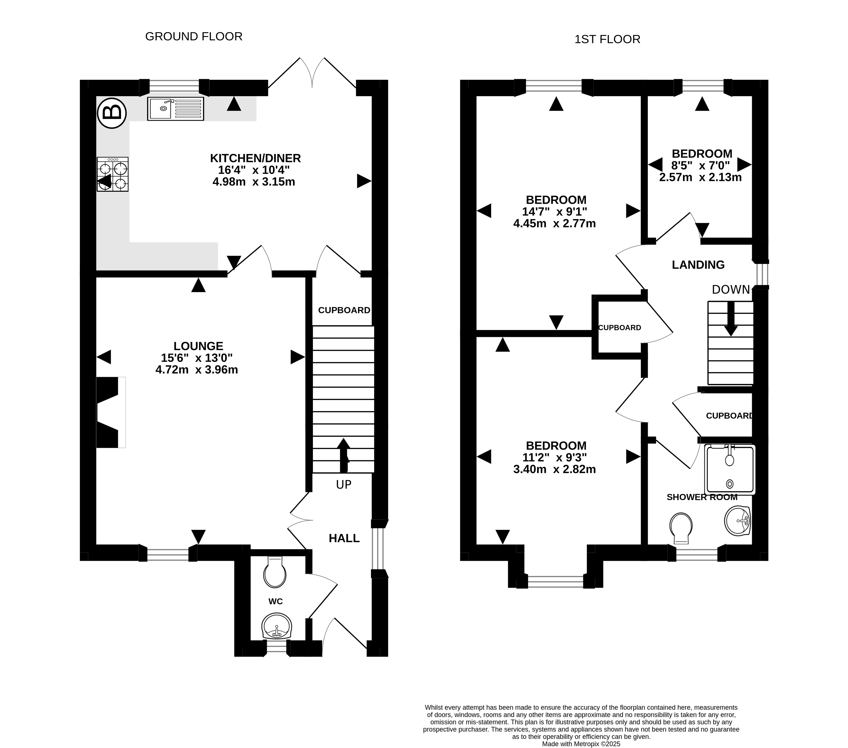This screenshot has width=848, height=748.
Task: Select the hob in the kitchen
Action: [113, 174]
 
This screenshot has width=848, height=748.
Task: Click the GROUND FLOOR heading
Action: [194, 36]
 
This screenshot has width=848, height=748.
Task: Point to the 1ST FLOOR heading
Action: [607, 39]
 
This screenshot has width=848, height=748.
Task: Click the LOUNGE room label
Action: [198, 346]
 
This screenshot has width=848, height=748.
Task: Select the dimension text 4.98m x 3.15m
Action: [254, 182]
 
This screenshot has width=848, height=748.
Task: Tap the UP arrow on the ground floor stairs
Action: [344, 455]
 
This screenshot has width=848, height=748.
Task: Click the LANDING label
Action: [698, 265]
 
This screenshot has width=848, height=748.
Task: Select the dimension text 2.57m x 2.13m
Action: [701, 178]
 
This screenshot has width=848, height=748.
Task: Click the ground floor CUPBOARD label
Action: [344, 310]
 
